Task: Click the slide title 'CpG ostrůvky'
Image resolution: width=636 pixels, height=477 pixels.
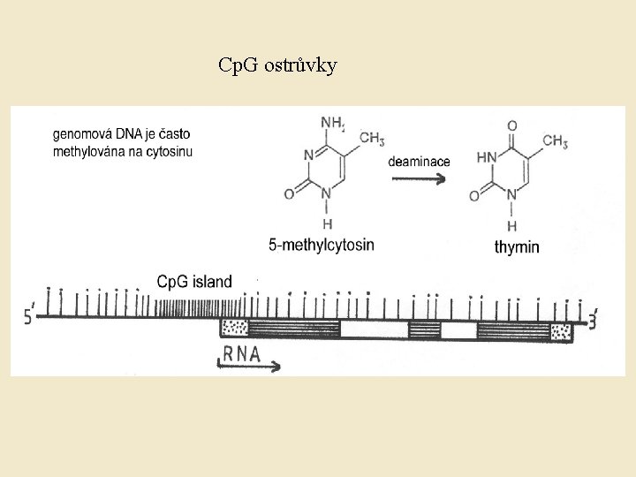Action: [277, 66]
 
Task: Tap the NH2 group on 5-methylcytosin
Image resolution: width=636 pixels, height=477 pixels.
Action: [332, 122]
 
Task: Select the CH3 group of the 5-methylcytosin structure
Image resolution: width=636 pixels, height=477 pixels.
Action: [371, 139]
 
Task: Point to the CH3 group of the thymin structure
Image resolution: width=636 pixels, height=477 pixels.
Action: [555, 141]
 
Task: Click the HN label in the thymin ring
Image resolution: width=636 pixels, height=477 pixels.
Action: [486, 157]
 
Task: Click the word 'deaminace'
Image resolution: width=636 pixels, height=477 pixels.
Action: [419, 161]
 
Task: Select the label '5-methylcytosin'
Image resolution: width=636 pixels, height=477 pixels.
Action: [322, 244]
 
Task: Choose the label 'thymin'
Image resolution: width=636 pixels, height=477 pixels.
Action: [517, 247]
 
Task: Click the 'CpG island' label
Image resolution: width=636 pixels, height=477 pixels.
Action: [194, 282]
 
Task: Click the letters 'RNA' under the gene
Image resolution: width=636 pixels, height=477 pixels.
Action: [241, 353]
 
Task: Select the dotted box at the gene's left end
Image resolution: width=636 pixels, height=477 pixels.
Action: [234, 329]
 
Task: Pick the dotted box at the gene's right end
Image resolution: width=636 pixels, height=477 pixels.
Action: [560, 331]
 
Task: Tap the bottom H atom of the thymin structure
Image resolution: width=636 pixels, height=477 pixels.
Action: [512, 226]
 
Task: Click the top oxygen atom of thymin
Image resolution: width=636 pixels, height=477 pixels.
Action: [512, 125]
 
